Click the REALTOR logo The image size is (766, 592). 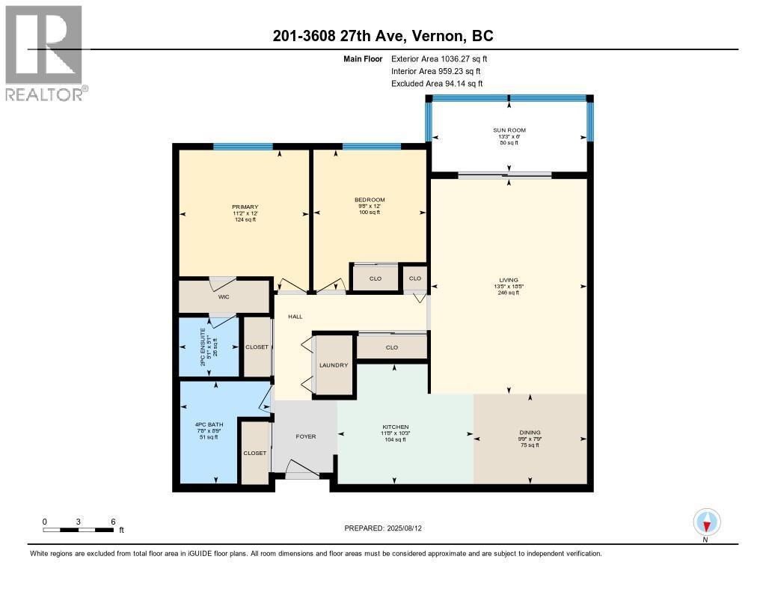(x=45, y=52)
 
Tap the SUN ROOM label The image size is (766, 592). (x=509, y=130)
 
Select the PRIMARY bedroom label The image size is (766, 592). (x=245, y=207)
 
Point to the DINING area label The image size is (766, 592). (x=530, y=433)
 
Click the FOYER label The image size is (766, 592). (x=306, y=436)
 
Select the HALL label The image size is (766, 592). (x=295, y=317)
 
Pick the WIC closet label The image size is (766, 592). (x=223, y=297)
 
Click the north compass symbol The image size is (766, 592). (x=706, y=522)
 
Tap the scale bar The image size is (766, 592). (x=79, y=530)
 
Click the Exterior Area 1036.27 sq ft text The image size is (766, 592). (x=439, y=58)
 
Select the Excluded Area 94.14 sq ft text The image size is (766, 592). (x=437, y=84)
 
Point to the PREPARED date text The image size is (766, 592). (x=388, y=528)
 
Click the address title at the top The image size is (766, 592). (x=382, y=37)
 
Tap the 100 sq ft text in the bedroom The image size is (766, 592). (x=370, y=213)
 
